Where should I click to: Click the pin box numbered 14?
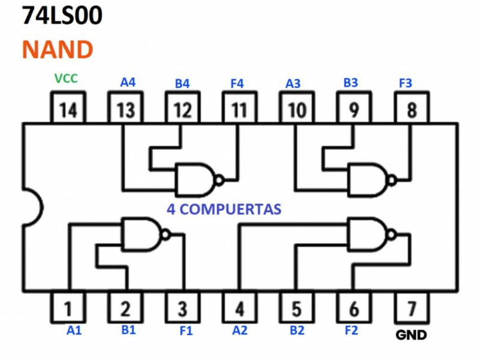point(68,109)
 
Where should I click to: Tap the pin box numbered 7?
point(411,308)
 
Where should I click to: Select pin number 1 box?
point(68,308)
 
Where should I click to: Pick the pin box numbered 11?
point(240,109)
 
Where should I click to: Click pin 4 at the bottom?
point(240,308)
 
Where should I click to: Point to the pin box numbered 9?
point(354,109)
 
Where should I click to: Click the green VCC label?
point(66,78)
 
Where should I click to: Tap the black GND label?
point(411,335)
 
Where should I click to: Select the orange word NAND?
point(57,49)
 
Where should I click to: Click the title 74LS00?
point(62,16)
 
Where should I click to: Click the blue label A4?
point(128,82)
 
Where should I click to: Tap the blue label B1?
point(128,329)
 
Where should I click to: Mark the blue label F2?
point(353,329)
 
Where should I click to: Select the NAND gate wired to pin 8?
point(369,179)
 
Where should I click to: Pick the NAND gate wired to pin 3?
point(143,234)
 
